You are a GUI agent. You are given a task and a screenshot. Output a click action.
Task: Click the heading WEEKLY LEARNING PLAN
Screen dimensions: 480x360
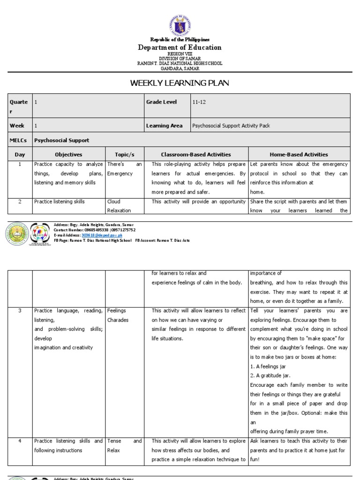pos(180,83)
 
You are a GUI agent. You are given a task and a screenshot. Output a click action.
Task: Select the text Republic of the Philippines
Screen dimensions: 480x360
pos(180,40)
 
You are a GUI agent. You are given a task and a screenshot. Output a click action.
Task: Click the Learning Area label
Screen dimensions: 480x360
pos(164,126)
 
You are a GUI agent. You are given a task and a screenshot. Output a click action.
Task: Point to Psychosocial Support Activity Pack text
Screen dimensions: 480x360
pos(231,126)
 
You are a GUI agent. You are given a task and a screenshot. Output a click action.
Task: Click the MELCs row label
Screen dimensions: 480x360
pos(17,140)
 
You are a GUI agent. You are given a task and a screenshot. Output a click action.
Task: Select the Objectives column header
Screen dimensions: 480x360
pos(68,154)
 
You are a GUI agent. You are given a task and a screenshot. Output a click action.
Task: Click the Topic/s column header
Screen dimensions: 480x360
pos(124,154)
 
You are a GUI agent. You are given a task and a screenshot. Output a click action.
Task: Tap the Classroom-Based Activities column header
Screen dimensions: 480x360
pos(196,154)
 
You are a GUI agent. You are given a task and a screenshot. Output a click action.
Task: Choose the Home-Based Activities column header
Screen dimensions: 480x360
pos(299,154)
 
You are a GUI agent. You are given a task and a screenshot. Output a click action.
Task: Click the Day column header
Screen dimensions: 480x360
pos(20,154)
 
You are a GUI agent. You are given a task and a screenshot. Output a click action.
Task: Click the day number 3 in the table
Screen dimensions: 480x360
pos(20,311)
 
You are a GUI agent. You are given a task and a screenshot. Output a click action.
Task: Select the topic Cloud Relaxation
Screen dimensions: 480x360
pos(119,206)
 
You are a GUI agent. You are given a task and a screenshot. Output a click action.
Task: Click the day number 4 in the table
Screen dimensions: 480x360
pos(20,441)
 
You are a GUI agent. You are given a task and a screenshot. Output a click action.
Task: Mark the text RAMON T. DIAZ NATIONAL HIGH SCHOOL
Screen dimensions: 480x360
pos(180,63)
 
